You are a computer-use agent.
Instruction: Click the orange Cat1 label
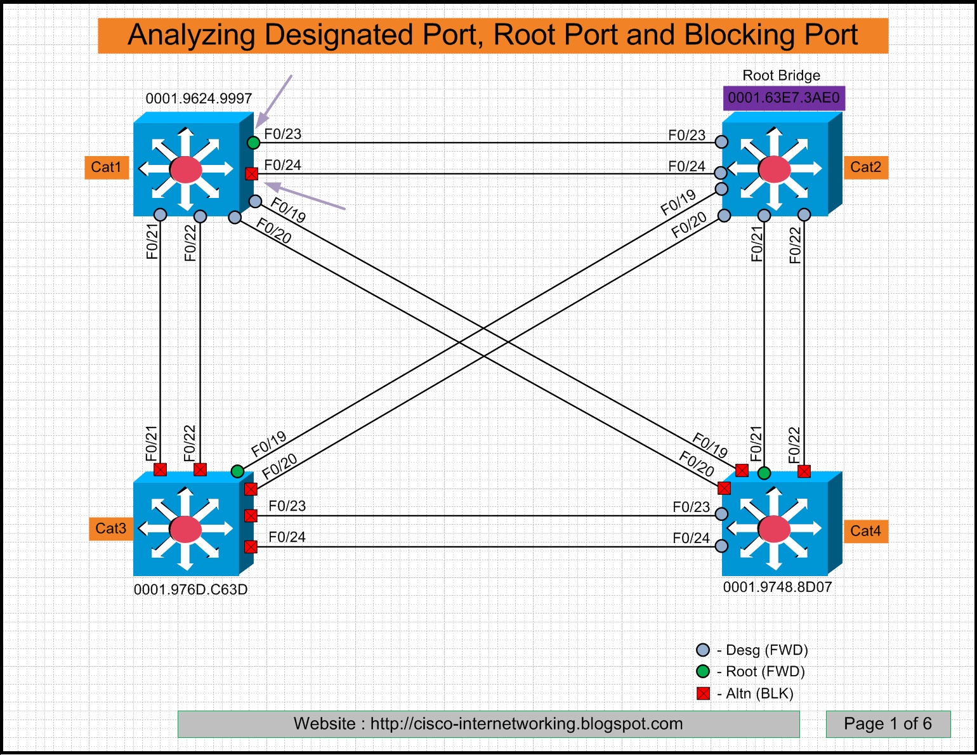tap(107, 167)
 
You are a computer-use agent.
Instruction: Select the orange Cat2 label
tap(865, 167)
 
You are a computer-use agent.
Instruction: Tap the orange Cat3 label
tap(111, 528)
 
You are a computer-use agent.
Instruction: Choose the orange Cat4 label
tap(865, 531)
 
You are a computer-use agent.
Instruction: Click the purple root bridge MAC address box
tap(784, 98)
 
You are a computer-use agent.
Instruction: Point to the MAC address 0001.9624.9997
tap(199, 98)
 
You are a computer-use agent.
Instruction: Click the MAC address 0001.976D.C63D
tap(190, 589)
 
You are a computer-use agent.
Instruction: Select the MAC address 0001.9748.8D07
tap(777, 587)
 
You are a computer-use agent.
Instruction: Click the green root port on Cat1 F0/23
tap(253, 143)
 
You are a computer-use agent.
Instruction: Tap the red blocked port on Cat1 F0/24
tap(252, 173)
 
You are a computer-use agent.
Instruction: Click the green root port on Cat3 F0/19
tap(237, 471)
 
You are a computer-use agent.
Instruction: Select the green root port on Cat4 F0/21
tap(764, 473)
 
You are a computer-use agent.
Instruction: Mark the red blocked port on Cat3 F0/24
tap(251, 546)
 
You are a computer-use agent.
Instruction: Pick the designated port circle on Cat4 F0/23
tap(721, 514)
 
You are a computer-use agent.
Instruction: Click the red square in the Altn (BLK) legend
tap(703, 693)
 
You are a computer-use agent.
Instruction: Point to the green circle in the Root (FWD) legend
tap(703, 671)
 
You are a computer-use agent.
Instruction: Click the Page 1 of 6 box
tap(888, 724)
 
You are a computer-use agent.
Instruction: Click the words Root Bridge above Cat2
tap(781, 75)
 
